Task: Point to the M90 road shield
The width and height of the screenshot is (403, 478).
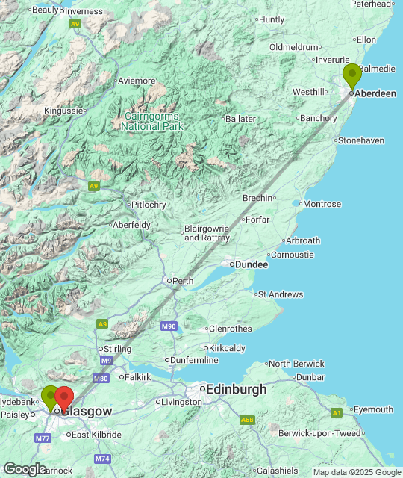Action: coord(169,326)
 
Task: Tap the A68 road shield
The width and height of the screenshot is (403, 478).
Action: coord(247,420)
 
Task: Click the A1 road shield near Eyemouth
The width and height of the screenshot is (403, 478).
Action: coord(337,412)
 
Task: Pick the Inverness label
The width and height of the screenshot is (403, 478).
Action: coord(88,11)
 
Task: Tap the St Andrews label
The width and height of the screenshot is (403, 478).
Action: coord(280,294)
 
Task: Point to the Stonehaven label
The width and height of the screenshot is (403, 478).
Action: coord(361,140)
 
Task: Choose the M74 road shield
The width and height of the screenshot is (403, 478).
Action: coord(102,459)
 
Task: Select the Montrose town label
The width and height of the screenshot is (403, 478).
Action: coord(322,204)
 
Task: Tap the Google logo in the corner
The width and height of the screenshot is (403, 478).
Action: coord(25,468)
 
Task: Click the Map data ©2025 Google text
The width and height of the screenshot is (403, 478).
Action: coord(356,472)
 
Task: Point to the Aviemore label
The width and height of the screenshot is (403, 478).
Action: coord(137,81)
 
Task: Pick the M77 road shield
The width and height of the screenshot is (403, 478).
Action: coord(43,438)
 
